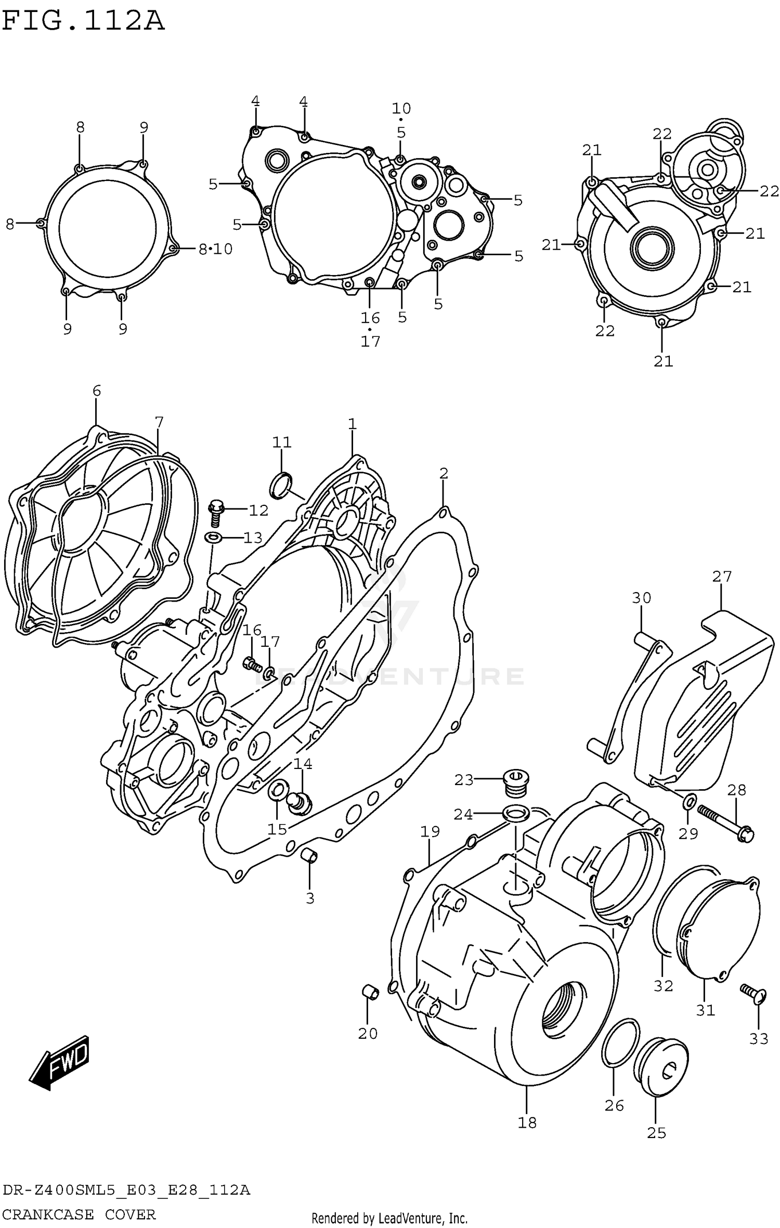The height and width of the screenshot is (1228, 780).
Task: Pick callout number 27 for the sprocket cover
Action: (x=722, y=577)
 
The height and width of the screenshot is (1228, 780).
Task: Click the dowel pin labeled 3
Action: (x=310, y=855)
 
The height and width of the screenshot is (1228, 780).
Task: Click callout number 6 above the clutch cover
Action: (x=97, y=391)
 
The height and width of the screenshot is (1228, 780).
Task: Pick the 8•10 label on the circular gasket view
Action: (x=216, y=249)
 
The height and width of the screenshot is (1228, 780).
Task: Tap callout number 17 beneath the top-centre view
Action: (x=371, y=342)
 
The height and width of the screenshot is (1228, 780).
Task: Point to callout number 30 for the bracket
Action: (x=641, y=598)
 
